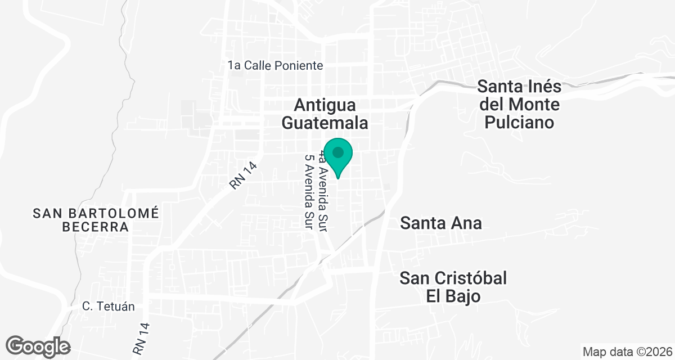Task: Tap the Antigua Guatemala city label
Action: point(325,114)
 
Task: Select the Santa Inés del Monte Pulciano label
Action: point(519,105)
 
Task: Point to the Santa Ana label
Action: point(441,223)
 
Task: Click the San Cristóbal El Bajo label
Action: point(453,287)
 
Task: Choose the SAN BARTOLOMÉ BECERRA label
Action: point(96,220)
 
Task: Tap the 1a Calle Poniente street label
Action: point(276,66)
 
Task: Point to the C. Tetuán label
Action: point(109,307)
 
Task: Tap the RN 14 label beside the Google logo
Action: point(140,338)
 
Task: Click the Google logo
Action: point(38,346)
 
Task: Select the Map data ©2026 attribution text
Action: point(627,352)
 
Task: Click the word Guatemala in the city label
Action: point(325,123)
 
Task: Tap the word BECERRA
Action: point(96,227)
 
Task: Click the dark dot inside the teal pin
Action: point(338,152)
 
